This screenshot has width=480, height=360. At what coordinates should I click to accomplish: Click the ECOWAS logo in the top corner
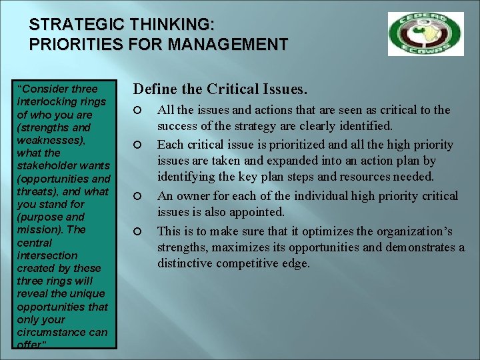point(425,34)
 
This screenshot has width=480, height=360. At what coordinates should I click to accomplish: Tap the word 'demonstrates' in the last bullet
point(413,247)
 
